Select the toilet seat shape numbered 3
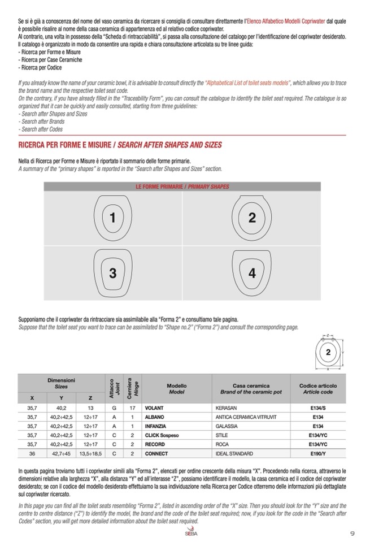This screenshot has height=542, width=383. click(x=113, y=274)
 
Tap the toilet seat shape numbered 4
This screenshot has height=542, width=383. click(x=252, y=274)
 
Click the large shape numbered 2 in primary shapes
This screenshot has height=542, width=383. click(x=252, y=218)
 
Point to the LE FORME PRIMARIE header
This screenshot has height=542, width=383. click(x=182, y=187)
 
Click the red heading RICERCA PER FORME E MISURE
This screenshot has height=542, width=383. click(x=120, y=145)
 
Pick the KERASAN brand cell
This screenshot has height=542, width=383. click(x=226, y=407)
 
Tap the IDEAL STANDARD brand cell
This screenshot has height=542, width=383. click(x=235, y=453)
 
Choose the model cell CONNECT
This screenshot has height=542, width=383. click(x=156, y=453)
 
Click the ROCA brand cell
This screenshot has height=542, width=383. click(x=222, y=444)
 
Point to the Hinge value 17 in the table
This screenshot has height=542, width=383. click(x=131, y=407)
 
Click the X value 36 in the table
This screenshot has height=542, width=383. click(x=32, y=453)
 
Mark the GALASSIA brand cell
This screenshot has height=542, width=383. click(x=227, y=426)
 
